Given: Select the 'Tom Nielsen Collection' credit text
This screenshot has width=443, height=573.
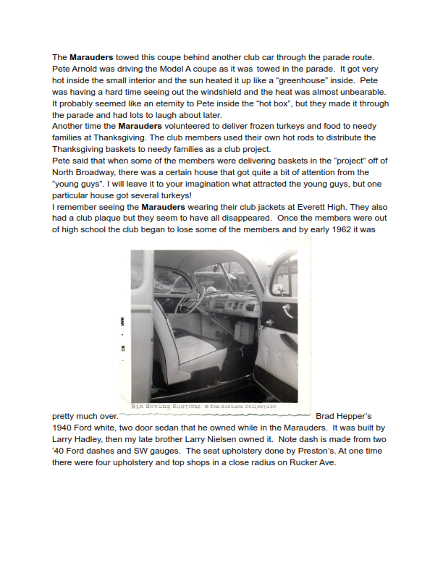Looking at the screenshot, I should tap(246, 407).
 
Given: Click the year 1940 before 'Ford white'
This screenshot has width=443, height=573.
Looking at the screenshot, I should tap(64, 428).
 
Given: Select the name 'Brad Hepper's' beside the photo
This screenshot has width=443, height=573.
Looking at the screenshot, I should tap(344, 416).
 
